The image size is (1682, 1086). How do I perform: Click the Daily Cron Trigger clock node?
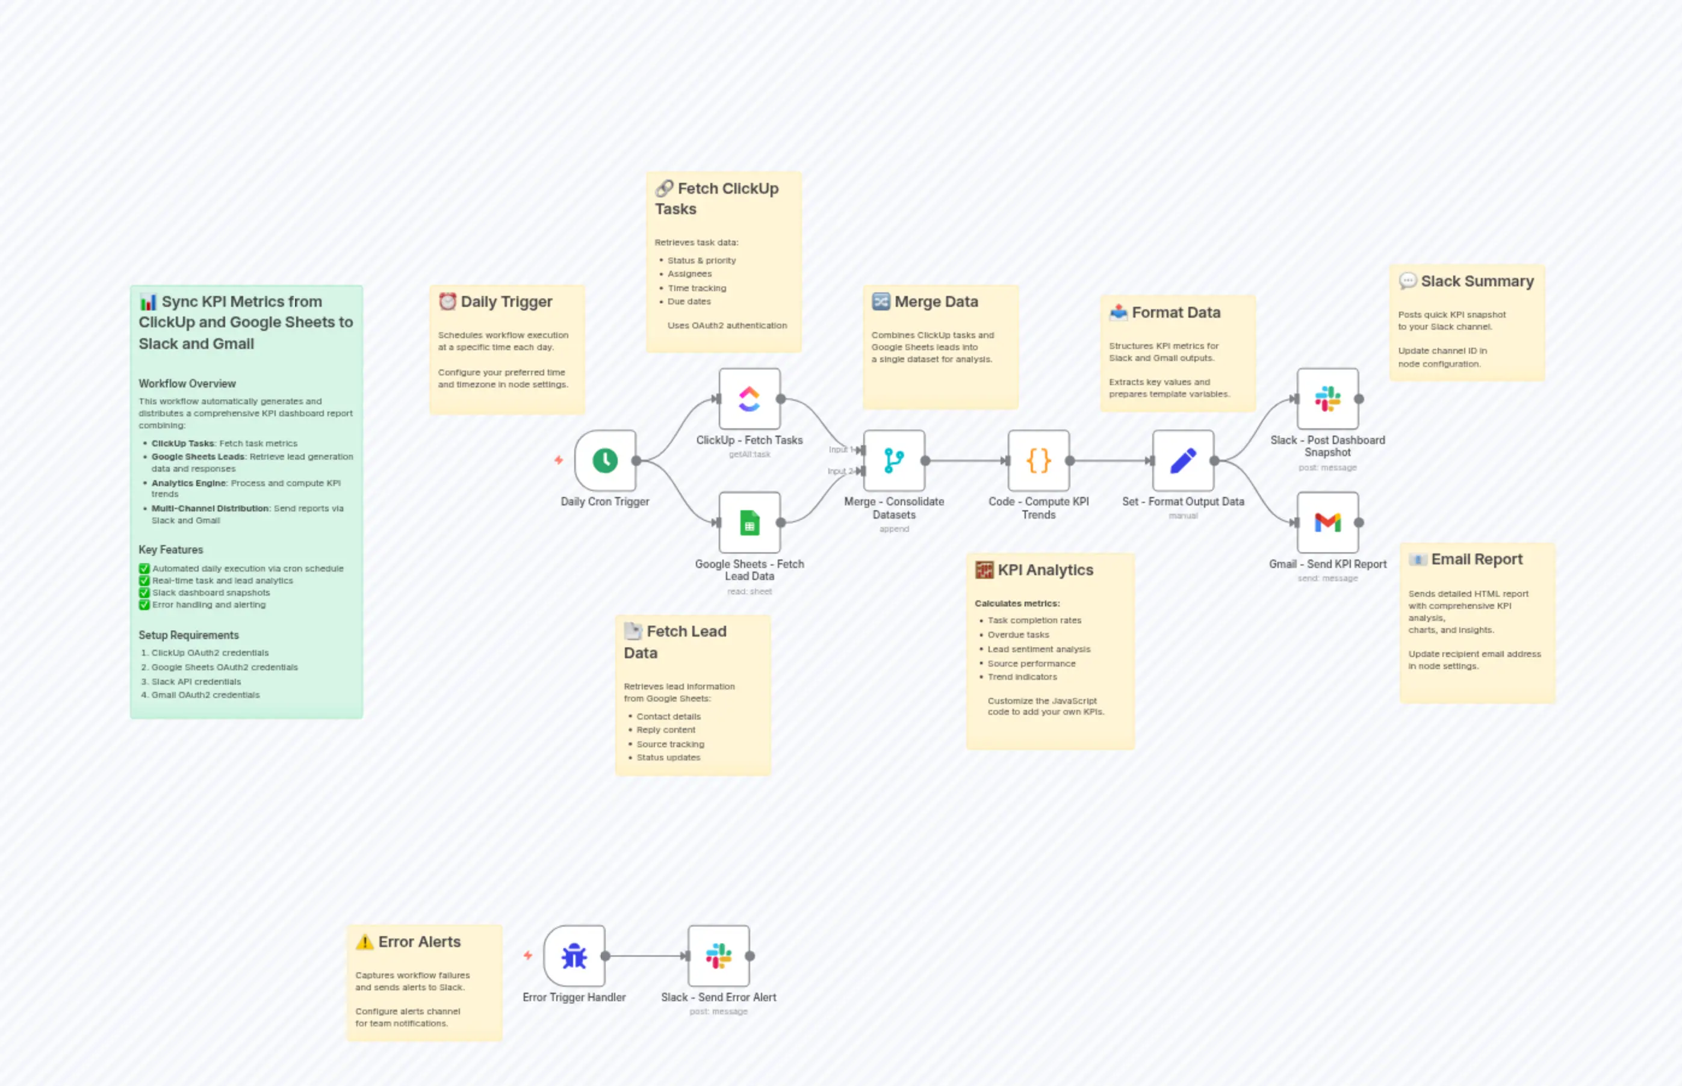point(604,460)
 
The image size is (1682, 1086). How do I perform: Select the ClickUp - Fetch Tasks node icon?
point(749,398)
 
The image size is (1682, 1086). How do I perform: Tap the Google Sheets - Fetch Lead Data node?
point(749,523)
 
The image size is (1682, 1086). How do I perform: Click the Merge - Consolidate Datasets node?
point(894,460)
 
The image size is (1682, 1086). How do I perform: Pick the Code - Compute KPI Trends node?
point(1038,460)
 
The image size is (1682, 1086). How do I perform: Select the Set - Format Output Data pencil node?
point(1183,460)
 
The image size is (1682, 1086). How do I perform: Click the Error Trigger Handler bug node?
point(574,956)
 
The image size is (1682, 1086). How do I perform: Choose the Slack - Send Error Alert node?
point(718,956)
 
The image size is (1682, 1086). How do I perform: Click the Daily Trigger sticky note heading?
point(506,302)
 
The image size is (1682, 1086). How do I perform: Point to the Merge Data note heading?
point(936,302)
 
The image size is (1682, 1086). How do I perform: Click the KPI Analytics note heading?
point(1045,570)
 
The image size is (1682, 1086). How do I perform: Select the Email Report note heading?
point(1476,559)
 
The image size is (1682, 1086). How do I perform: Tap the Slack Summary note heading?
point(1477,282)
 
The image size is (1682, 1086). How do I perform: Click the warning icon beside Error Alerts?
point(365,942)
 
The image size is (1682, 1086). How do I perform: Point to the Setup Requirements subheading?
point(188,635)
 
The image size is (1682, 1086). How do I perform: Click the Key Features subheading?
point(171,550)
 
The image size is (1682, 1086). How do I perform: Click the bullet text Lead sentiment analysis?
point(1038,649)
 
